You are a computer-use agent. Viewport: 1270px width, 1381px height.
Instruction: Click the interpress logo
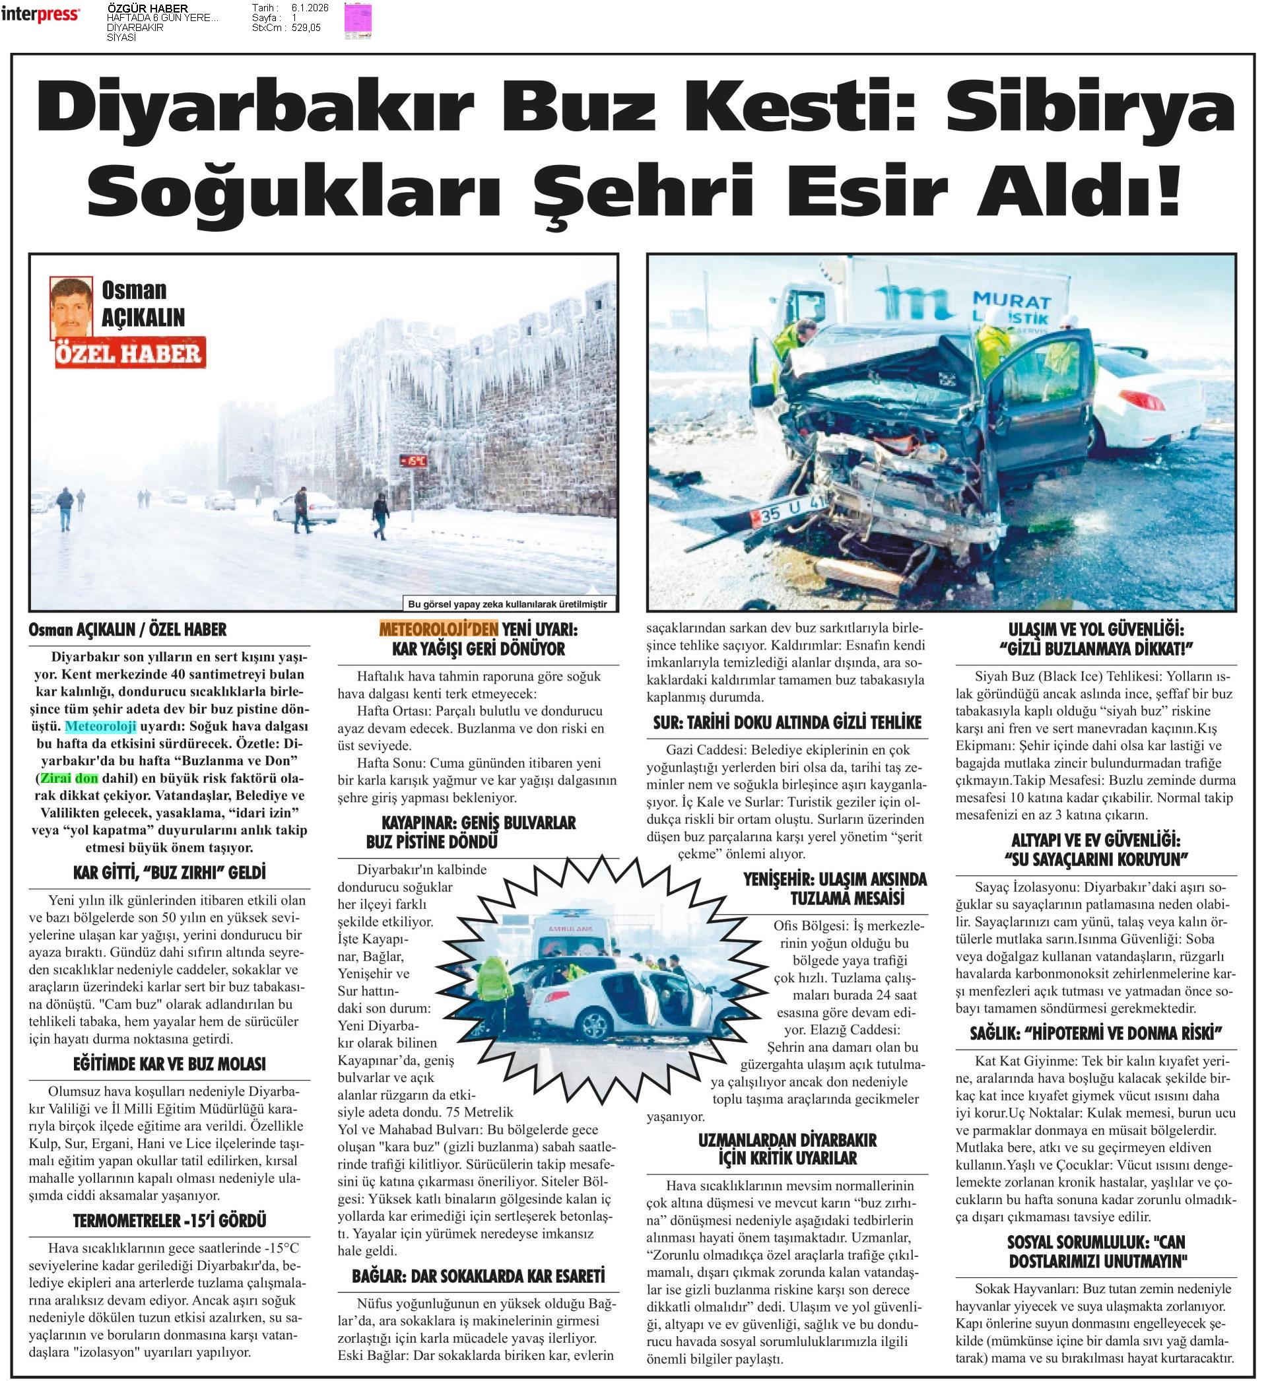pos(40,14)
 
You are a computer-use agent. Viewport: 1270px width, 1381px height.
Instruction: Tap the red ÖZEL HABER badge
pos(130,353)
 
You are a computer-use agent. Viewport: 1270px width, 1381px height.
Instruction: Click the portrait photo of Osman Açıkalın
pos(71,307)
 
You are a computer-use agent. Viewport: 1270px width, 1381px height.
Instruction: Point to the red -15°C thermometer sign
pos(413,460)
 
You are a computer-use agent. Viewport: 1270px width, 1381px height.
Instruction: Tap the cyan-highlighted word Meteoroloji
pos(100,727)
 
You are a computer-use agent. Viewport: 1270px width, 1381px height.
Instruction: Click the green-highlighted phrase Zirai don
pos(69,778)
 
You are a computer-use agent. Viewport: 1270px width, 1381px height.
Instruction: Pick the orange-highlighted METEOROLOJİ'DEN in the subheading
pos(438,629)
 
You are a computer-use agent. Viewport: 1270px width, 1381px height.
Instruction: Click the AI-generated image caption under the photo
pos(508,604)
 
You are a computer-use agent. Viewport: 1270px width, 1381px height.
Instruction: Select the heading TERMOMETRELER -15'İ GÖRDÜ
pos(169,1221)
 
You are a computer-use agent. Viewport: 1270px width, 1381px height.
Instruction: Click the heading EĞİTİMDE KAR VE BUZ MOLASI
pos(169,1064)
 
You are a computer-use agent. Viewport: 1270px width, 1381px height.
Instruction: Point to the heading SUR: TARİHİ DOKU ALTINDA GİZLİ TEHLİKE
pos(787,722)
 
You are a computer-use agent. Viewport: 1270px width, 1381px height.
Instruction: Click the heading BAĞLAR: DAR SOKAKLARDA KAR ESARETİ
pos(479,1277)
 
